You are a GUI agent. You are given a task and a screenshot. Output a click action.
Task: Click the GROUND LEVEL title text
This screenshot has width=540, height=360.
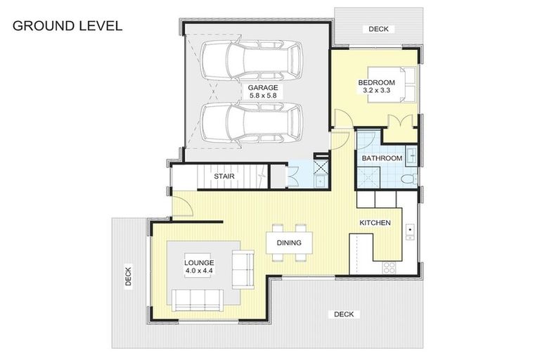coord(67,26)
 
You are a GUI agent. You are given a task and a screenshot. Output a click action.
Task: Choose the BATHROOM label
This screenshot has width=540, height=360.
coord(382,158)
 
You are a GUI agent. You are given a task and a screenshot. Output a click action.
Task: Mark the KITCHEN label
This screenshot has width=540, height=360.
coord(375,223)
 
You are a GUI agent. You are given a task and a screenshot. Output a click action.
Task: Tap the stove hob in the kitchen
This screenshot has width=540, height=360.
coord(388,267)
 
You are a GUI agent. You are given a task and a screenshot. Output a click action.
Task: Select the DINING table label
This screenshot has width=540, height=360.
coord(289,243)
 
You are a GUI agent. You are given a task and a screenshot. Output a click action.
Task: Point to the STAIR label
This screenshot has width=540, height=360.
coord(224,176)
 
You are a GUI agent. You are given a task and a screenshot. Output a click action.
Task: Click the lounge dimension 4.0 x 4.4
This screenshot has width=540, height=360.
coord(199,269)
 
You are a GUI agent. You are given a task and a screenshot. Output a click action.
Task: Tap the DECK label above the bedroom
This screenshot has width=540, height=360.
coord(378,29)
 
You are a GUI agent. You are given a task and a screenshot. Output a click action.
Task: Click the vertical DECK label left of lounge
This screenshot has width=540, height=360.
coord(129,276)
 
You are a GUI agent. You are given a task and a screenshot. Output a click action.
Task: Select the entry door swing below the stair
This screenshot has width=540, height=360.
coord(180,207)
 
